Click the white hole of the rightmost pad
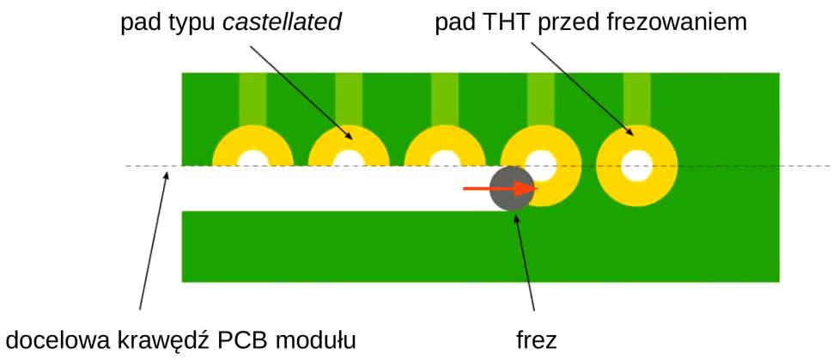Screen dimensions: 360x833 click(x=637, y=166)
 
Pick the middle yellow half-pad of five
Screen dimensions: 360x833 click(x=445, y=143)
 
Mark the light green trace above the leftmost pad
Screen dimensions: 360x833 click(x=252, y=98)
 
